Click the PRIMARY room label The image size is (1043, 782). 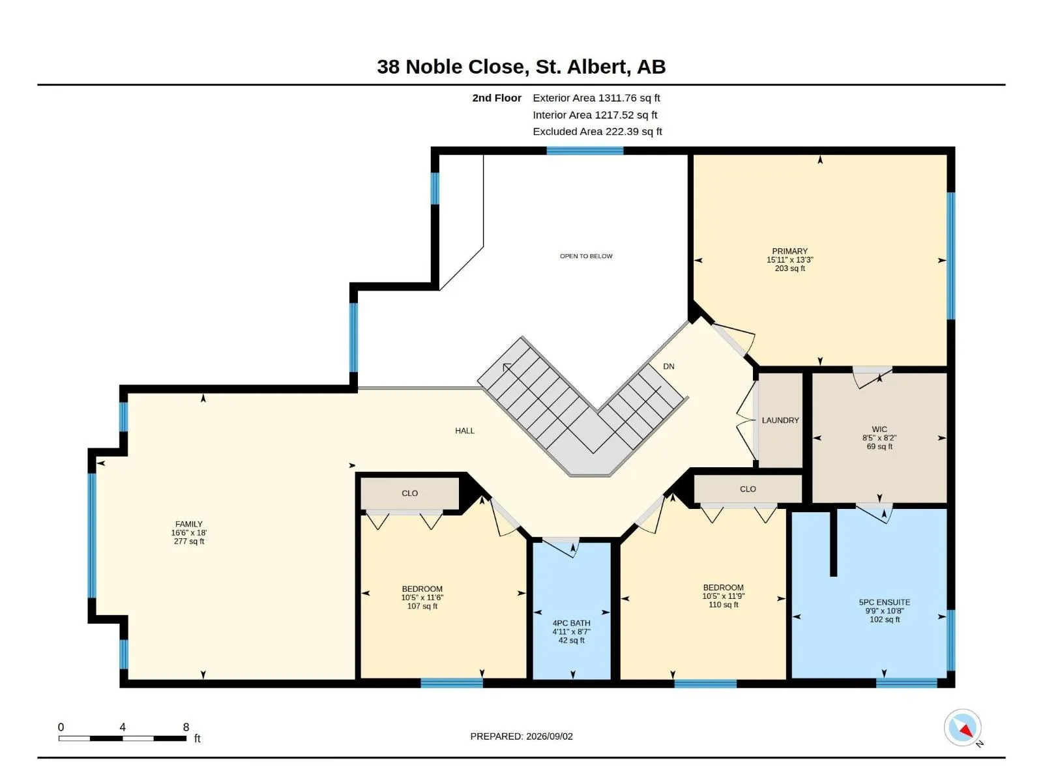[x=789, y=251]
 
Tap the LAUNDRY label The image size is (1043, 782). [x=780, y=420]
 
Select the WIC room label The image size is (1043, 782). [x=879, y=429]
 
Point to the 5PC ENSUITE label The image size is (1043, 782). [x=885, y=602]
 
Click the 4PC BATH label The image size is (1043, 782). [x=571, y=623]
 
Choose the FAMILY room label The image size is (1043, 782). [x=188, y=524]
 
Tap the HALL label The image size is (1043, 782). [x=464, y=431]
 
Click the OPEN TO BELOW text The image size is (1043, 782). [x=586, y=256]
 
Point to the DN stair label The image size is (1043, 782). [x=669, y=366]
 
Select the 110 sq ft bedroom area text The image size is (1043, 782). [x=723, y=605]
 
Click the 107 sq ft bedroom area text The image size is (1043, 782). [x=422, y=606]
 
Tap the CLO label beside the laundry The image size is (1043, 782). [x=748, y=489]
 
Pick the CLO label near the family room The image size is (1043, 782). [x=409, y=493]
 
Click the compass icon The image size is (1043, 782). [x=962, y=727]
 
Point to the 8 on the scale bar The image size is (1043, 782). [x=186, y=727]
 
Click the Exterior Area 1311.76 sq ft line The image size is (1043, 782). [x=596, y=98]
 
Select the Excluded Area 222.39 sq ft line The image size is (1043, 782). [x=597, y=131]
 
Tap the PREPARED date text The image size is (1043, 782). [x=521, y=736]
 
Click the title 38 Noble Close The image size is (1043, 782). [x=453, y=66]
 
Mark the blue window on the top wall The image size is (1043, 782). [x=585, y=151]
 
